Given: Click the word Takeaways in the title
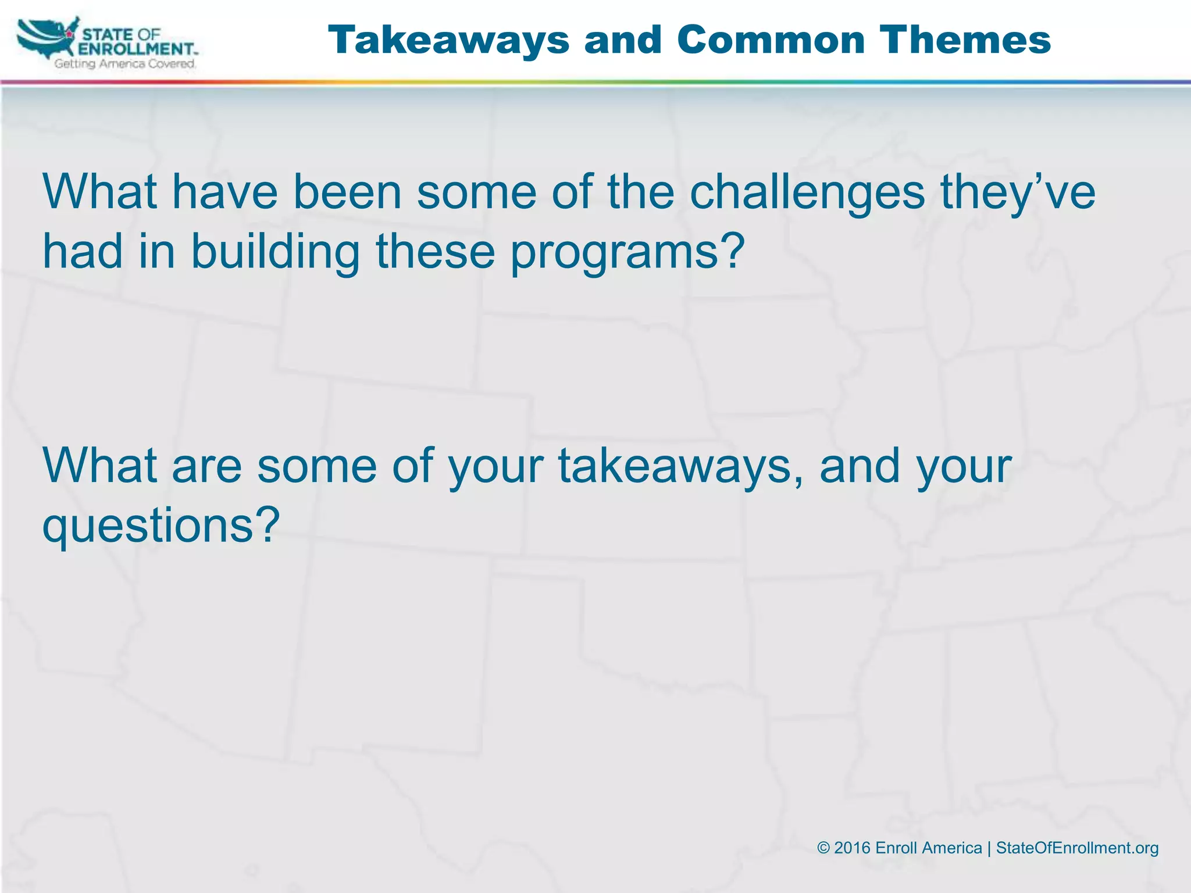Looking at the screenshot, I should click(x=448, y=40).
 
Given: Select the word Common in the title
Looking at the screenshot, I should click(x=771, y=40).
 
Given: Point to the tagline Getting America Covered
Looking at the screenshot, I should click(x=125, y=64).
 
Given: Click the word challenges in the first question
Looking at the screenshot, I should click(x=807, y=192).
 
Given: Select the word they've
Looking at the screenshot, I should click(x=1018, y=194).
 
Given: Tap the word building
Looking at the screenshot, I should click(x=275, y=252).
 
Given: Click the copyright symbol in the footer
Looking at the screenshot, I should click(x=823, y=848).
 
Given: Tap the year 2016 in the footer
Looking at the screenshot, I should click(x=852, y=848).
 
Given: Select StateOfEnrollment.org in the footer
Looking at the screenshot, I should click(x=1077, y=848).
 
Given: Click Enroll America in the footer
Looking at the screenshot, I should click(x=928, y=848).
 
